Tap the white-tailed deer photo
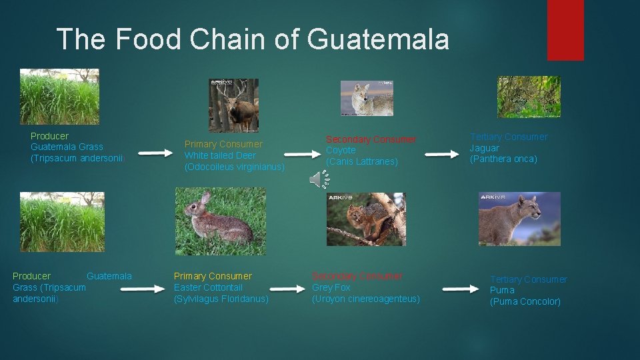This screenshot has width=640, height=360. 233,105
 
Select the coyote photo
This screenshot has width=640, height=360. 367,98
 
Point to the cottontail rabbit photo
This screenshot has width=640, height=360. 220,221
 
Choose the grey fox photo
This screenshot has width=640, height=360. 366,219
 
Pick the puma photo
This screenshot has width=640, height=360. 519,219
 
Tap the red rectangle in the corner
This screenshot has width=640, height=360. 565,30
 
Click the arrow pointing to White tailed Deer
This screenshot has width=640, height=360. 155,153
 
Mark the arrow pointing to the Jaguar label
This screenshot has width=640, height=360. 442,154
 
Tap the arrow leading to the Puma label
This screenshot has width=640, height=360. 461,289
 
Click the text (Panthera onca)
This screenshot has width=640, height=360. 503,159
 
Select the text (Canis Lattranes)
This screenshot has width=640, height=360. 361,161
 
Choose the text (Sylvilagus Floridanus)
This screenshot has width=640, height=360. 221,299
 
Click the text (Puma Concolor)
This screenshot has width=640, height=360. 525,301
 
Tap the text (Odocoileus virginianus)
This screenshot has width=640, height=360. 235,167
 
